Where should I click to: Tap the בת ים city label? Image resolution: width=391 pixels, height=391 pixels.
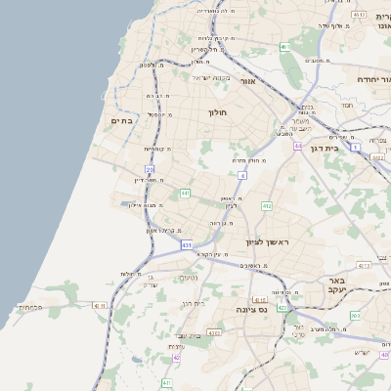tap(121, 120)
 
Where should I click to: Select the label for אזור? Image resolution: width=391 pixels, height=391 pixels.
tap(247, 81)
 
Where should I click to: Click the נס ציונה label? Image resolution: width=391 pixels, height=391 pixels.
tap(253, 309)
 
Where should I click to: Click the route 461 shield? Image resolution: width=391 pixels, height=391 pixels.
tap(284, 47)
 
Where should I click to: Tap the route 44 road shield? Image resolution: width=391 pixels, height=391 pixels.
tap(297, 146)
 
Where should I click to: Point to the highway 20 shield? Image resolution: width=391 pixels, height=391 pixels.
tap(150, 169)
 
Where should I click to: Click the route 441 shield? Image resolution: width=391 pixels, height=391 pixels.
tap(185, 194)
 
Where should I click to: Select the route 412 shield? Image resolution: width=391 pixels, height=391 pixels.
tap(266, 206)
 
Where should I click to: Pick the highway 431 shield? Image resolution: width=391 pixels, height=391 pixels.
tap(187, 244)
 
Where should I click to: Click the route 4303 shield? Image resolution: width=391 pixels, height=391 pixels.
tap(214, 332)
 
